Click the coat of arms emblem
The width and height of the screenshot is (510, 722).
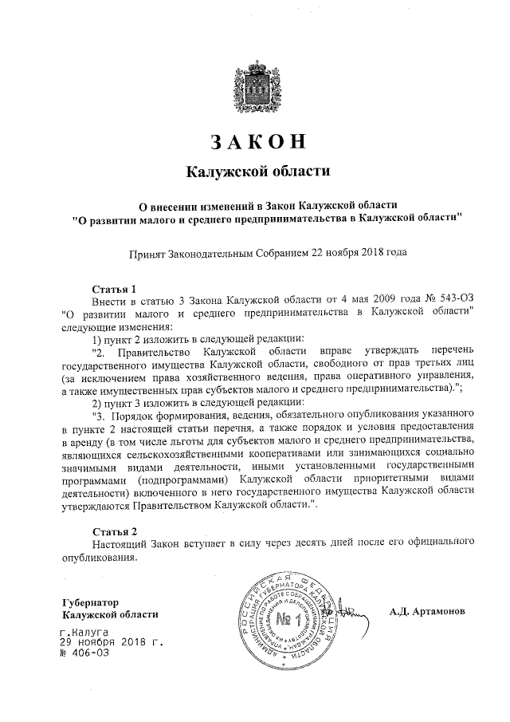pyautogui.click(x=255, y=82)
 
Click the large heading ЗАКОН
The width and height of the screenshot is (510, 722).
pyautogui.click(x=257, y=140)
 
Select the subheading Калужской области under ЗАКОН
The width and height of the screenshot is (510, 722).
pyautogui.click(x=257, y=172)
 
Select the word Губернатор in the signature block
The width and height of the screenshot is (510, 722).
pyautogui.click(x=90, y=601)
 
